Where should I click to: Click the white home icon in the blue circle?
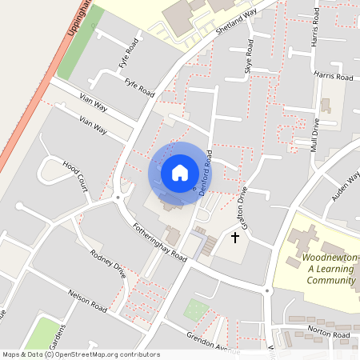[179, 172]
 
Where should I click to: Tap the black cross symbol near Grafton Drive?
[235, 237]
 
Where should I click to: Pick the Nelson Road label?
[87, 306]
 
